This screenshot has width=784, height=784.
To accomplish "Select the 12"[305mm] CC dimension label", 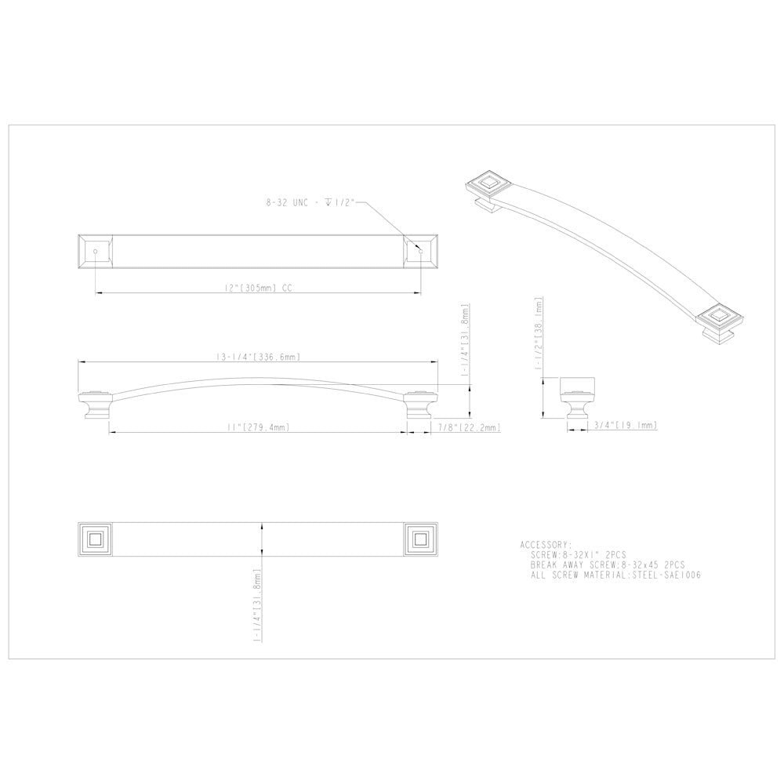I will (x=257, y=287).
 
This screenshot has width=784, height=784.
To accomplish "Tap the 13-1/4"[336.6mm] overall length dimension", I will (x=259, y=357).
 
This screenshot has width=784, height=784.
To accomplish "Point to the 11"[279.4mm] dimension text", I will (x=256, y=426).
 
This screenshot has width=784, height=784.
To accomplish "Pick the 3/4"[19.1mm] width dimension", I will (x=625, y=425).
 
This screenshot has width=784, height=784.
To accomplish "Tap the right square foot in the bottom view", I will (x=420, y=539).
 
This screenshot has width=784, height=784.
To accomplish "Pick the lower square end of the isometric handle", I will (x=719, y=318).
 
